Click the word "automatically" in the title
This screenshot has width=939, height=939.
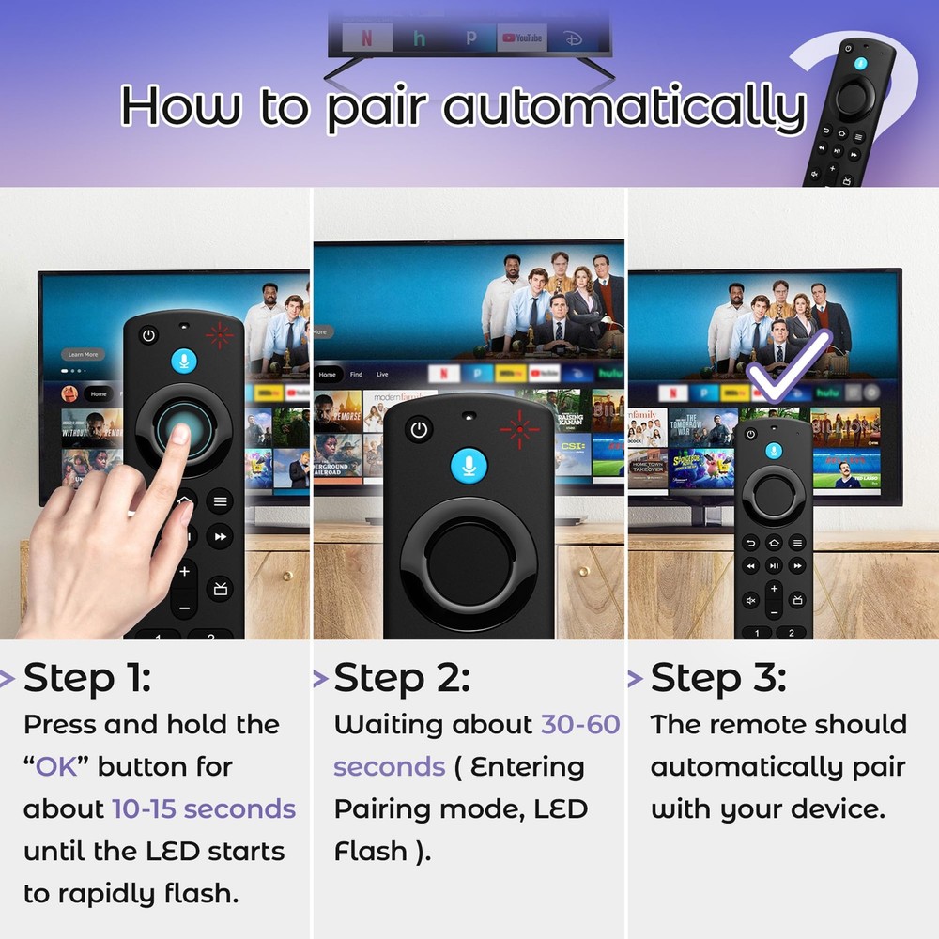(x=623, y=107)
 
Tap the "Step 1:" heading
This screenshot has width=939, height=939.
(x=87, y=678)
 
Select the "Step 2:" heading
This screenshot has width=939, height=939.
(x=402, y=678)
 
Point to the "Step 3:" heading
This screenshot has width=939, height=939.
(x=718, y=678)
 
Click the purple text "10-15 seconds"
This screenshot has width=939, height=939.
(x=204, y=808)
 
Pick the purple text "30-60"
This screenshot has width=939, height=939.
(x=580, y=724)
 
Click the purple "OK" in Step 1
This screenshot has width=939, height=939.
(x=56, y=766)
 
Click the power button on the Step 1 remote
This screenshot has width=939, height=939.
(x=148, y=335)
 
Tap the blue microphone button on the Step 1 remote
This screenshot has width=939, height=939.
(x=184, y=362)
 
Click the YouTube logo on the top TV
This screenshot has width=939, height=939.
(x=522, y=38)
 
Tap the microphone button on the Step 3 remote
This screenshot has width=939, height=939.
(x=774, y=451)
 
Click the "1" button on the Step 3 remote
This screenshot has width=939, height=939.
(x=757, y=633)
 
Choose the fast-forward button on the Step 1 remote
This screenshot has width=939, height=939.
(x=220, y=537)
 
